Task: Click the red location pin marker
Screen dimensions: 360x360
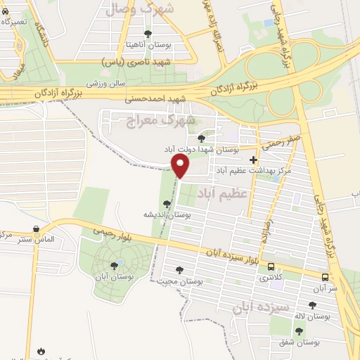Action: coord(181,165)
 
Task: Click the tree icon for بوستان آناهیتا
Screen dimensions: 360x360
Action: coord(147,34)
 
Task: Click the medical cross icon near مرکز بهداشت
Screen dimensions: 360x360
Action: coord(253,160)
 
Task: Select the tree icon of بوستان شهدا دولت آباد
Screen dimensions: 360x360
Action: coord(202,139)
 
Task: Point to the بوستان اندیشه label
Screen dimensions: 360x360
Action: coord(165,214)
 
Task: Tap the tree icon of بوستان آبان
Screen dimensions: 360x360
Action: coord(114,266)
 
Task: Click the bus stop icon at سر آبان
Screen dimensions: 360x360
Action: coord(325,277)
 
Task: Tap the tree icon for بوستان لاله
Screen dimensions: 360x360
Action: coord(312,305)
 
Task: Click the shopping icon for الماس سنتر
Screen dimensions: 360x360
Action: coord(35,229)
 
